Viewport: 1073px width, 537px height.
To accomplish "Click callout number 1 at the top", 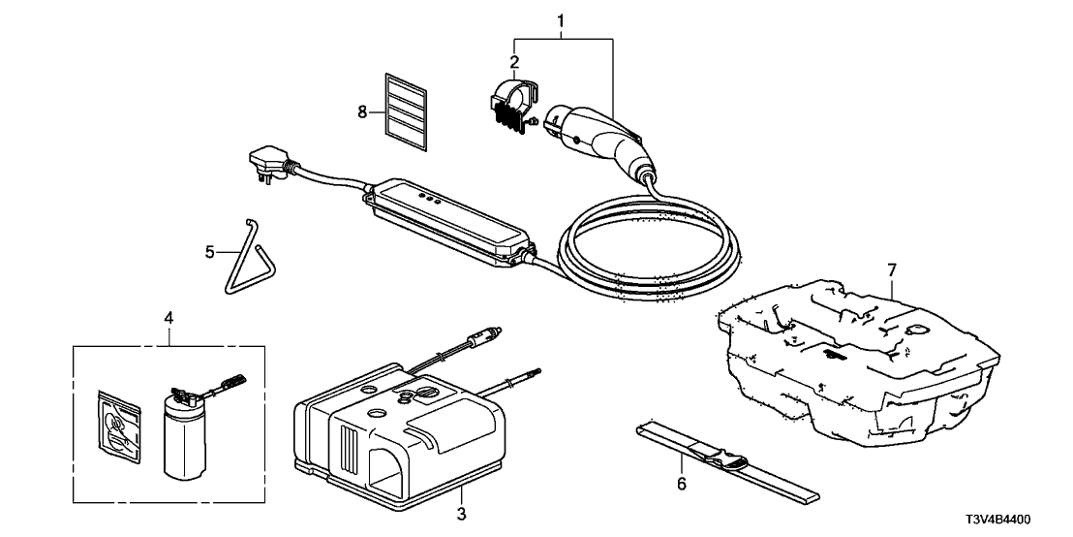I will tap(561, 20).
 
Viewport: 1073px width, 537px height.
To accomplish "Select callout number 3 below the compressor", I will tap(462, 513).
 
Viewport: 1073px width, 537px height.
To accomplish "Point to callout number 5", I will tap(209, 254).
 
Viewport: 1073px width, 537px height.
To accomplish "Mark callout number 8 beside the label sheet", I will tap(362, 112).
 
